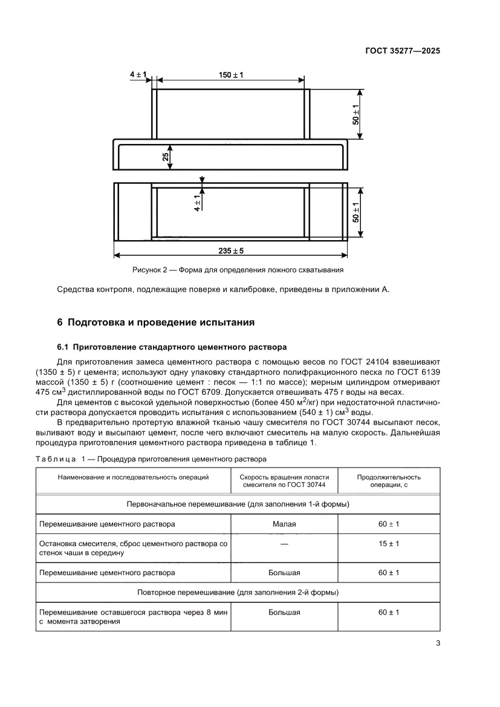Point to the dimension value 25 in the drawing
165,157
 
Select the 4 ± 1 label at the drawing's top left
138,74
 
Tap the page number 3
438,643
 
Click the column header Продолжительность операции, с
389,481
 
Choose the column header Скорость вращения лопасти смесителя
284,481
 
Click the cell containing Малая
284,524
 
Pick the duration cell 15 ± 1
389,544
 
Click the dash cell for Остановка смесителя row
284,544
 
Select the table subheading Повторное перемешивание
238,592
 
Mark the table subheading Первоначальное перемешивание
238,503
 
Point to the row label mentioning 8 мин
133,617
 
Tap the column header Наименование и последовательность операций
133,477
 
